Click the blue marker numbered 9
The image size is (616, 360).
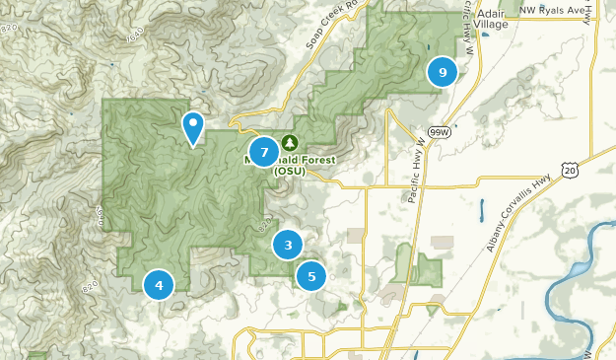[x=443, y=72]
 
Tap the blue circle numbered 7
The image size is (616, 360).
[x=263, y=152]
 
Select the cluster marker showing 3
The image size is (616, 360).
[x=288, y=246]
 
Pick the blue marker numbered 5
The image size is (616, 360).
[x=311, y=276]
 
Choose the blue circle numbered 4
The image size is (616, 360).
[x=159, y=285]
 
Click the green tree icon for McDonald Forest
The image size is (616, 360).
[x=289, y=144]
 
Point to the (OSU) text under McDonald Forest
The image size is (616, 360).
[x=290, y=171]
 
